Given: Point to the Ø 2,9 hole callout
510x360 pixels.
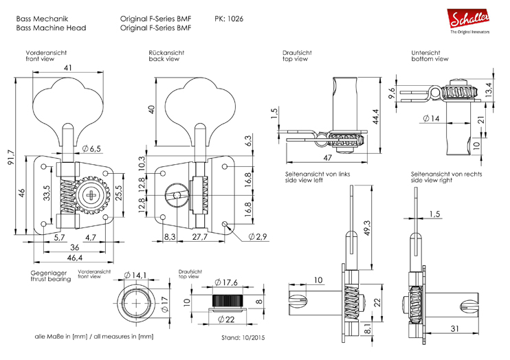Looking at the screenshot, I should click(257, 236).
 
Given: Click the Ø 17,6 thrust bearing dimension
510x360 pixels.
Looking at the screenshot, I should click(226, 282).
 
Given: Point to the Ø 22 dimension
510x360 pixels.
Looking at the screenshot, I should click(225, 319).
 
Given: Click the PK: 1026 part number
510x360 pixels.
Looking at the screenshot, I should click(228, 18).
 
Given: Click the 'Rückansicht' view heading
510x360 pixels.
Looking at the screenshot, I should click(166, 53).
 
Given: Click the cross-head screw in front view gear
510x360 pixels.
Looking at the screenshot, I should click(93, 196).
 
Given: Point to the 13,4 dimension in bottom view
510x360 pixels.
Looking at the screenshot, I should click(488, 89).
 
